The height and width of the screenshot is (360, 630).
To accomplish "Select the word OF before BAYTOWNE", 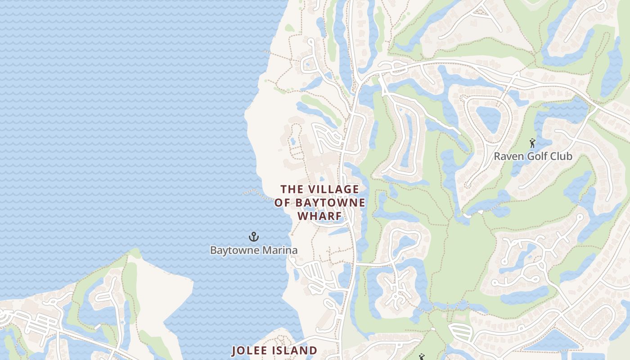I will coord(283,203).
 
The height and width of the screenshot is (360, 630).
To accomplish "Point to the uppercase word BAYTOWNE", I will coord(330,203).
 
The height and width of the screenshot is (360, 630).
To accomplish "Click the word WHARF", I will coord(319,216).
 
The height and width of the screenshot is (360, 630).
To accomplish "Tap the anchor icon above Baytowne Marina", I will coord(254,237).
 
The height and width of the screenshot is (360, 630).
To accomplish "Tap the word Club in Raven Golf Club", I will coord(562,157).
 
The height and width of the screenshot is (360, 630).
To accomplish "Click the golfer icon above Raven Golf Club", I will coord(533,144).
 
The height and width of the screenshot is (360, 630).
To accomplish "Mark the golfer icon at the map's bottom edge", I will coord(422,357).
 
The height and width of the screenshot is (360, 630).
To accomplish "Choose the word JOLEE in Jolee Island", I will coord(250,351).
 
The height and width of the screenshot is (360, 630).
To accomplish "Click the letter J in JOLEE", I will coord(234,351).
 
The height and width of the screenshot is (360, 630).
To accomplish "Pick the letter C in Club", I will coord(553,157).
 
